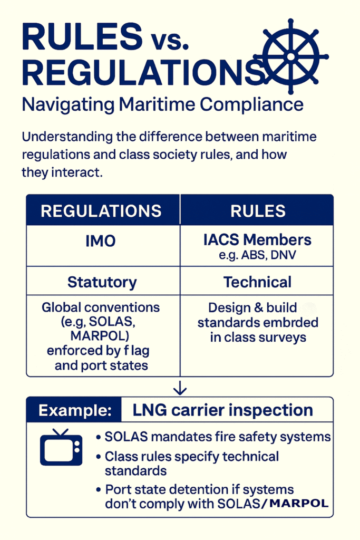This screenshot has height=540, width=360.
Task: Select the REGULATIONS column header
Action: pos(101,211)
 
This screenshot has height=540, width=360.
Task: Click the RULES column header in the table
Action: pos(258,211)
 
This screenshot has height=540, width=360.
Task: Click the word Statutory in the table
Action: pos(102,282)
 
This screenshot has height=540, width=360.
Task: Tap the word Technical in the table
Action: pos(257,282)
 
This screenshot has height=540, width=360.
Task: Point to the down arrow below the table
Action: pos(180,388)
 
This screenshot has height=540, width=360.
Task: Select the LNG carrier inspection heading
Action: pos(222,410)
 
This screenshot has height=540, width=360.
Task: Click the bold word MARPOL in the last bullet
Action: pos(298,503)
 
